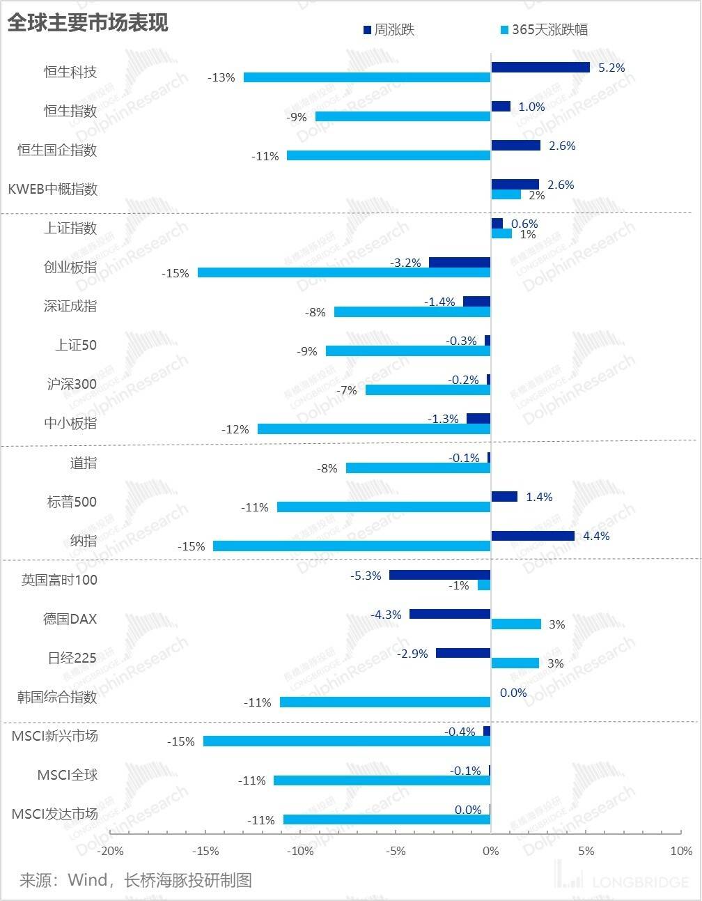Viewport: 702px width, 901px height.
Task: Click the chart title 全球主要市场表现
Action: (88, 23)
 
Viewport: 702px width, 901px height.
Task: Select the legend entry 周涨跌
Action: (393, 30)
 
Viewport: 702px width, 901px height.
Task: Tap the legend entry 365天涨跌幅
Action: (549, 30)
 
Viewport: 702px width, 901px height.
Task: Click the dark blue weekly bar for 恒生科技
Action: (540, 68)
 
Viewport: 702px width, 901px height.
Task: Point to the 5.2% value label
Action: (611, 68)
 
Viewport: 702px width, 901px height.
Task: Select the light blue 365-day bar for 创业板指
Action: (344, 272)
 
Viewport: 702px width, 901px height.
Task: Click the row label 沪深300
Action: (72, 384)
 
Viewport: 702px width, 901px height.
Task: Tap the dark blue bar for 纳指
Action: (533, 536)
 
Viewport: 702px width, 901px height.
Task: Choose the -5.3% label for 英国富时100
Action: (366, 576)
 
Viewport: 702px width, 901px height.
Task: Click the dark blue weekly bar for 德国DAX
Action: (450, 614)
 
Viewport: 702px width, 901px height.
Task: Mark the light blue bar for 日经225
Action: (515, 663)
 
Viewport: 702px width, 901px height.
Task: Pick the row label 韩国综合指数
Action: (57, 697)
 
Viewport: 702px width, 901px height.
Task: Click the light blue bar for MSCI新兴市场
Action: (347, 741)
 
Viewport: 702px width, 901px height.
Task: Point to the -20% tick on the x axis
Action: (111, 851)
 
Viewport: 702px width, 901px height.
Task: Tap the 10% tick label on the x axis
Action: (681, 851)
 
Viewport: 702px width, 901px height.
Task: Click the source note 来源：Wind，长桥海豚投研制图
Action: (135, 880)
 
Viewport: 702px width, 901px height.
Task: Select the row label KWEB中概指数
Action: (53, 189)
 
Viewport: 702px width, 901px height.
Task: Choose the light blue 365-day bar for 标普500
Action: (384, 507)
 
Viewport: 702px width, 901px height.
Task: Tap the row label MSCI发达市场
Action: (55, 814)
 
